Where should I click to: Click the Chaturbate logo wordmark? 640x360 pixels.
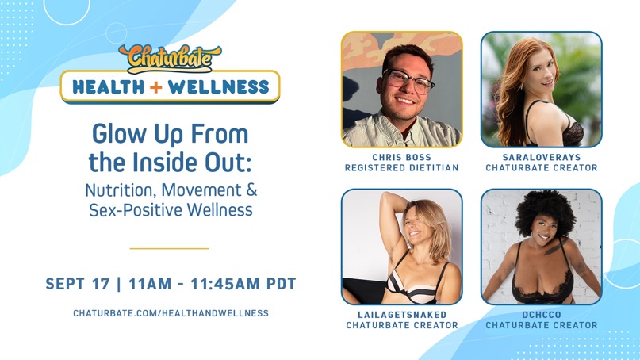170,58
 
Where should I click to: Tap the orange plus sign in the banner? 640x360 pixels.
154,86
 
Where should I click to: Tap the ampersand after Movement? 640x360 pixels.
252,191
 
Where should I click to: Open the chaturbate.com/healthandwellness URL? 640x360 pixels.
171,313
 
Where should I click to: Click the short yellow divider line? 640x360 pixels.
169,248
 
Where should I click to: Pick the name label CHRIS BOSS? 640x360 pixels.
401,157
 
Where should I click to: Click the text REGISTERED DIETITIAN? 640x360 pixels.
401,168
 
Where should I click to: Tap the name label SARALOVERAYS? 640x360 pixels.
541,157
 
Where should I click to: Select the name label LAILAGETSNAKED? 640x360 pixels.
401,315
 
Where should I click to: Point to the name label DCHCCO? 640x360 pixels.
541,315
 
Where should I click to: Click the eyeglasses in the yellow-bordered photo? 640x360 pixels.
408,79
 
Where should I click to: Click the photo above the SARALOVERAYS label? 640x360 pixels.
541,89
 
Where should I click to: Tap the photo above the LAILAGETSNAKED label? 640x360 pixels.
401,247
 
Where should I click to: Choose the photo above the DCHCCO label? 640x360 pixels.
541,247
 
